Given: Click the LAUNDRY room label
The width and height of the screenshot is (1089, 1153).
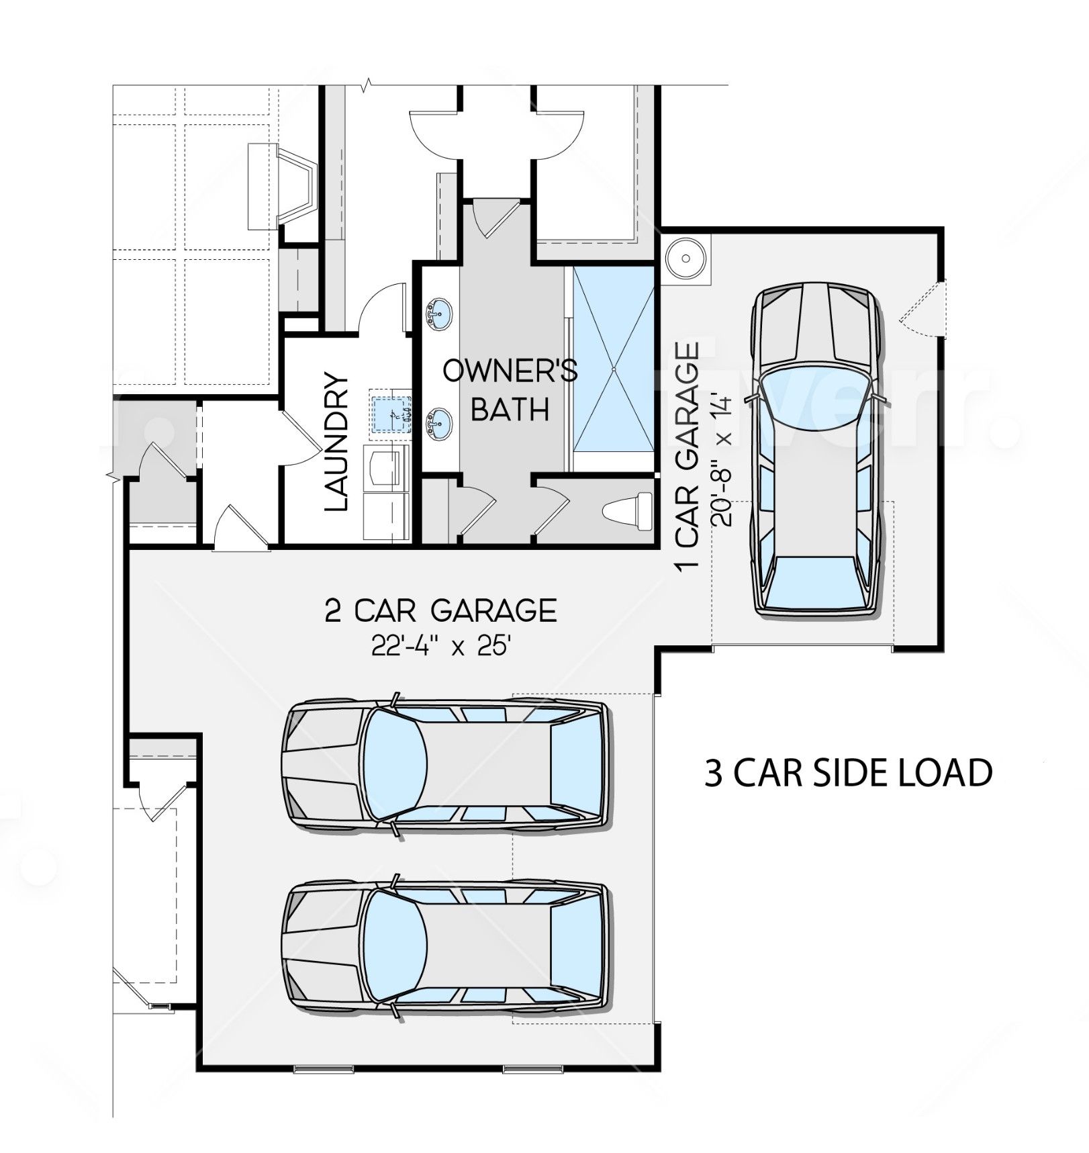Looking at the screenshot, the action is (x=336, y=443).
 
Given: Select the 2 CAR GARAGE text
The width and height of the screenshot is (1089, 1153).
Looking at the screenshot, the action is (x=440, y=610).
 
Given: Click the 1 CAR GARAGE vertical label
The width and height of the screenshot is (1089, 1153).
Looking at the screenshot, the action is (x=688, y=457).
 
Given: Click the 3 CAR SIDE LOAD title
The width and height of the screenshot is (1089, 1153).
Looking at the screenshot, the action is (x=849, y=772).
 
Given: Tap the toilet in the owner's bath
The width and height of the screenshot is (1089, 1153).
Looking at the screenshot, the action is (x=628, y=510).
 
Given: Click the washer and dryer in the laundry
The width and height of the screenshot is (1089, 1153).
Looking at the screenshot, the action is (x=387, y=493).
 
